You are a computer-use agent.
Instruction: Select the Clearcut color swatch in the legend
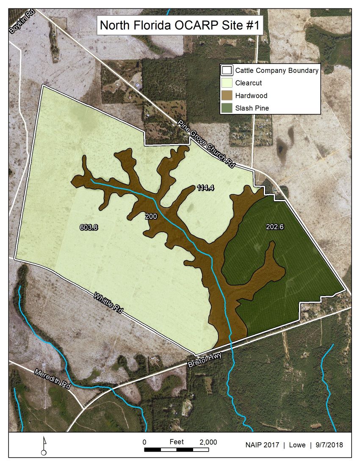(x=228, y=83)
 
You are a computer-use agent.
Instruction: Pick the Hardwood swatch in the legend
(x=228, y=96)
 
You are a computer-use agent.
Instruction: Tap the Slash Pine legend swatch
(x=228, y=108)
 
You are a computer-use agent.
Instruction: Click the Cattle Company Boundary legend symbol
(x=228, y=71)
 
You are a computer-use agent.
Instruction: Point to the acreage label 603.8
(x=89, y=227)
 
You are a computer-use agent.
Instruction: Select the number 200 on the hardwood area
(x=151, y=216)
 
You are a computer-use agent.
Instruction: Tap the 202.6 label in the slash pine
(x=274, y=227)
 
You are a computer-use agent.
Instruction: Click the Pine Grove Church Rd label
(x=206, y=144)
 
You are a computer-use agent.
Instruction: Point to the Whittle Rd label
(x=108, y=302)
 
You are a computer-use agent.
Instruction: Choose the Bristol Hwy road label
(x=206, y=360)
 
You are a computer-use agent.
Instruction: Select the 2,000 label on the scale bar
(x=208, y=442)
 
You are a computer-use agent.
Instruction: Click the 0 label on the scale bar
(x=144, y=442)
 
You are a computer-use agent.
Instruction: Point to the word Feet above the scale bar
(x=177, y=442)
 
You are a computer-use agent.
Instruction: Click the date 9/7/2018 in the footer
(x=329, y=445)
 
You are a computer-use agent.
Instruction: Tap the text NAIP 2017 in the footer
(x=262, y=445)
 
